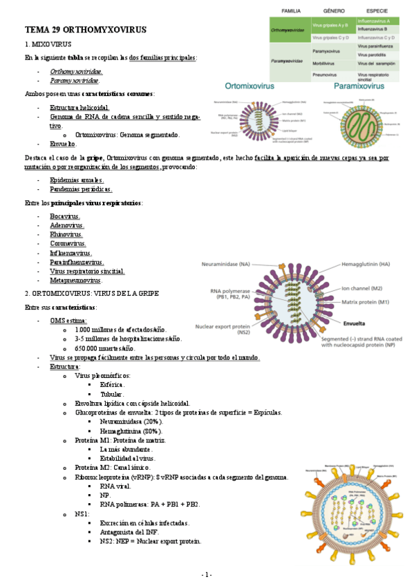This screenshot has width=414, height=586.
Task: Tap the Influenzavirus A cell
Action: point(375,21)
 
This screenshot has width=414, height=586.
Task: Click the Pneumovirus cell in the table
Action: point(325,73)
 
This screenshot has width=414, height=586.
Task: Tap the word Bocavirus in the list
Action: point(65,216)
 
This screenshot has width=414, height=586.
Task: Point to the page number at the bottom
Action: point(207,575)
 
